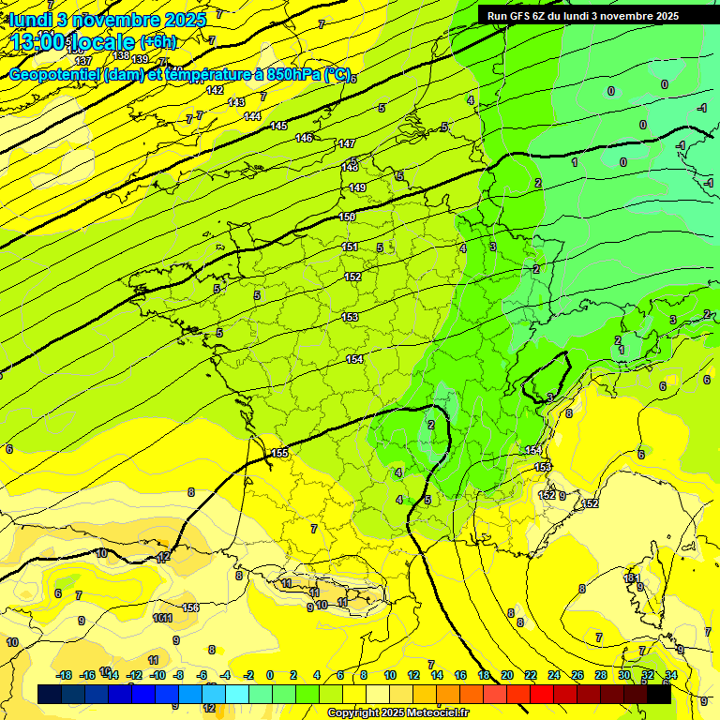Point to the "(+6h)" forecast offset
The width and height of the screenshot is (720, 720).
[157, 41]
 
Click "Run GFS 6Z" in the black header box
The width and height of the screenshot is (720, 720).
[521, 16]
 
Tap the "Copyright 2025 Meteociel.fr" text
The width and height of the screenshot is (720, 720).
[398, 712]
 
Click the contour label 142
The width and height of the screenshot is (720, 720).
[215, 90]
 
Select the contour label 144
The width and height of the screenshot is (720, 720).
[252, 116]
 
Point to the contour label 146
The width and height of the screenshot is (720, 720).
[304, 138]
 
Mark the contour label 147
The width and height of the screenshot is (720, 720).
[347, 143]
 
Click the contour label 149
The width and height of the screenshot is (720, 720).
[357, 187]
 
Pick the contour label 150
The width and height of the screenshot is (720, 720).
[347, 217]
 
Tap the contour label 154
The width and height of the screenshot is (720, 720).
[354, 359]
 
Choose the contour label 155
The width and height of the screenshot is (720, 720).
[279, 453]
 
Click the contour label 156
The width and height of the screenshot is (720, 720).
[190, 607]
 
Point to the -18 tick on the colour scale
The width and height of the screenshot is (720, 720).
[65, 675]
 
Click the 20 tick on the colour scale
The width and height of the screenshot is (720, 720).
[507, 675]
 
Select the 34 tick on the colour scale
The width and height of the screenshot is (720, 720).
[670, 675]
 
